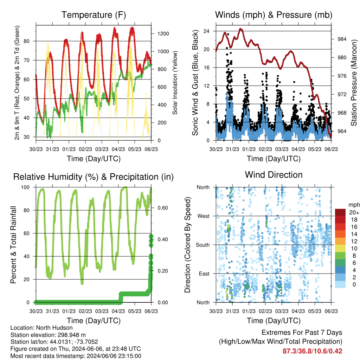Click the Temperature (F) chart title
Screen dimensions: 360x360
click(x=94, y=15)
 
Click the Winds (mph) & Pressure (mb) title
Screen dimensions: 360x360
click(x=274, y=15)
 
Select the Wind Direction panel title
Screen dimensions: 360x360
click(x=274, y=175)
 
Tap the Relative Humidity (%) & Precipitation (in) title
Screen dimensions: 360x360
click(x=94, y=177)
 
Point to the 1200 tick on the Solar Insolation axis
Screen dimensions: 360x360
click(x=163, y=34)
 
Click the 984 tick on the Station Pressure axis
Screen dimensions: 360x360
click(x=342, y=39)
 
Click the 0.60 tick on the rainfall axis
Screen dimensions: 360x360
click(x=163, y=208)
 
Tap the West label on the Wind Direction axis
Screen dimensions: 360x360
click(x=204, y=216)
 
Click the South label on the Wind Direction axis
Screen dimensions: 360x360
click(x=203, y=245)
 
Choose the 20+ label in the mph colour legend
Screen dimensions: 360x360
click(x=354, y=213)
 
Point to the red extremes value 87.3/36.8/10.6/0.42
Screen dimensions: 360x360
click(x=312, y=351)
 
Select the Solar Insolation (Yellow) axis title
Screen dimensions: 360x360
click(x=175, y=83)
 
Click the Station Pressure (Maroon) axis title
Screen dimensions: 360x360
click(x=354, y=83)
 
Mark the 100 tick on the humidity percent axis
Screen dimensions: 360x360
click(x=25, y=187)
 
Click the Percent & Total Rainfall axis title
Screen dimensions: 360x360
click(x=13, y=245)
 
